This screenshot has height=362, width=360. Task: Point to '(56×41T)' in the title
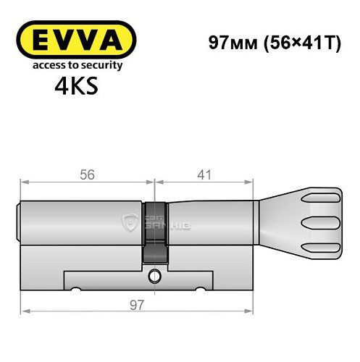[298, 42]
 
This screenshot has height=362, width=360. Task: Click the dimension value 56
[87, 174]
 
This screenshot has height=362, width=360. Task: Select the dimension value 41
[206, 174]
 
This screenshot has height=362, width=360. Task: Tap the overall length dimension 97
[138, 305]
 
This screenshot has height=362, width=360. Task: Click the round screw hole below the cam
[156, 275]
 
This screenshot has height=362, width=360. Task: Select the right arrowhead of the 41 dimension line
[254, 182]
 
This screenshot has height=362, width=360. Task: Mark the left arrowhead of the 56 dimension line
[25, 182]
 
